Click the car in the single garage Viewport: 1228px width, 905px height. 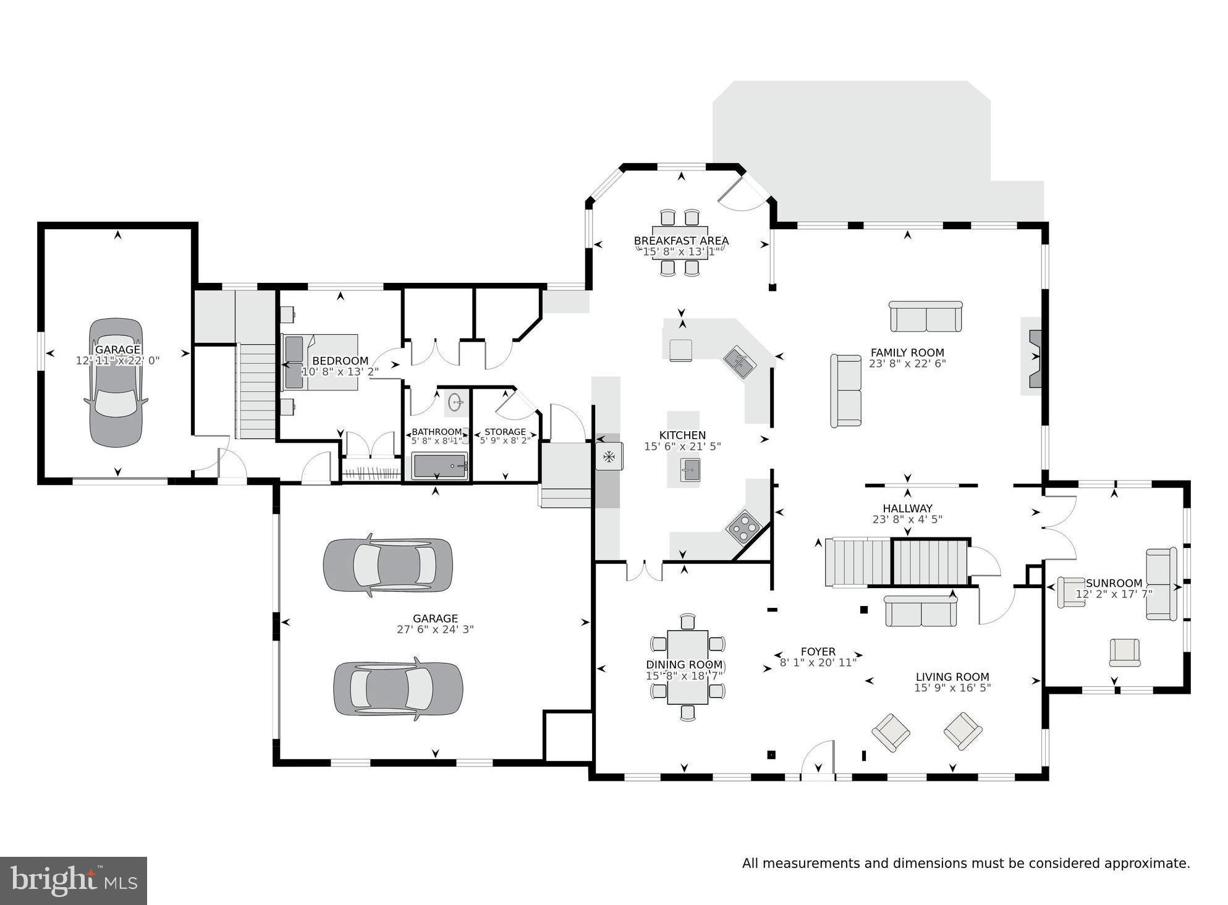point(117,383)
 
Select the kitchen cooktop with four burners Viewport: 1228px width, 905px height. point(743,526)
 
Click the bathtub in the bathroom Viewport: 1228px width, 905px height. point(439,466)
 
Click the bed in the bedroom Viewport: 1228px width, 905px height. point(321,363)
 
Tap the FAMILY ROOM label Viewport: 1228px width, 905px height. point(907,353)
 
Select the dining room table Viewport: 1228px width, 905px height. point(687,667)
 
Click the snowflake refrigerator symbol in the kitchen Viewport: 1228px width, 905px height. point(609,457)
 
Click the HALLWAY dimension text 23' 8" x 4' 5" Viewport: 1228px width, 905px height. point(907,520)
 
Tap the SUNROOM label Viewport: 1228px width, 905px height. point(1114,583)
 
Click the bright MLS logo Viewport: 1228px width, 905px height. point(74,880)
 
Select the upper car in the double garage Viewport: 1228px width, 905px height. point(387,565)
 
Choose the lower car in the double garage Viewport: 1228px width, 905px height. point(398,689)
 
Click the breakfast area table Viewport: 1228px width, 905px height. point(680,251)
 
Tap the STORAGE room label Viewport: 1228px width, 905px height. point(505,432)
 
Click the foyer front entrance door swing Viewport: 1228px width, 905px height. point(818,758)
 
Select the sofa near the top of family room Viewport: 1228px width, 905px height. point(925,317)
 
